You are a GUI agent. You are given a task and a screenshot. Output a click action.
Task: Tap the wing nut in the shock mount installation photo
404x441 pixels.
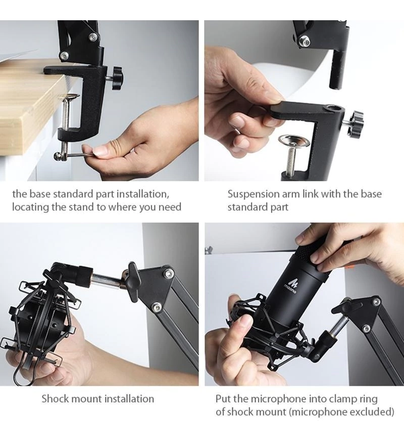coord(132,281)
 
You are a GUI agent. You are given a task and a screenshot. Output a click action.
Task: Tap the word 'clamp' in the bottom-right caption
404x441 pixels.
coord(343,399)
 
